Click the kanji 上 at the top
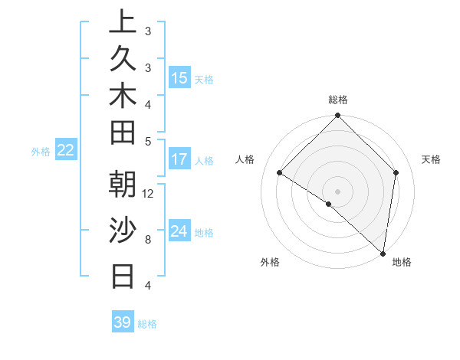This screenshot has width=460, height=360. pos(123,22)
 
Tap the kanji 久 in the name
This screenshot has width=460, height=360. pos(123,60)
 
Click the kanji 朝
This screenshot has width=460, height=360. pos(123,185)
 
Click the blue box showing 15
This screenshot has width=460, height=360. pos(179,78)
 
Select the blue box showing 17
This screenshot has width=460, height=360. pos(179,160)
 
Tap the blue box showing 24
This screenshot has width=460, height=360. pos(179,231)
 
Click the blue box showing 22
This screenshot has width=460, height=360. pos(65,151)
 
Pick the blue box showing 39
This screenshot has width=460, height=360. pos(122,322)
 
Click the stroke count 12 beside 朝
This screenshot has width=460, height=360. pos(148,193)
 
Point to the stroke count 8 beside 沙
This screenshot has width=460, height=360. pos(148,239)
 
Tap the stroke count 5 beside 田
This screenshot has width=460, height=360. pos(148,141)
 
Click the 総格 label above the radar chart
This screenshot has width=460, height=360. pos(338,100)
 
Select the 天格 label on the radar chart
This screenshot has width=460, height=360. pos(431,159)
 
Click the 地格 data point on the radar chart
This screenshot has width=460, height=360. pos(383,253)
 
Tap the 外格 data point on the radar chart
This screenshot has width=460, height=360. pos(328,204)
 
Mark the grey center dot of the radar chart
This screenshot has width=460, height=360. pos(338,191)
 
